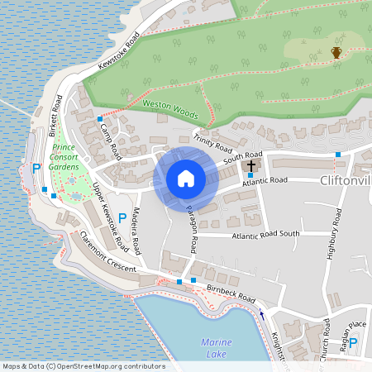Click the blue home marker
click(x=186, y=179)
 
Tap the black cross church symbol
click(x=251, y=166)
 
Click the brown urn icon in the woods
click(x=336, y=54)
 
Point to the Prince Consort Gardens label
click(x=64, y=156)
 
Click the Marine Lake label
click(x=216, y=347)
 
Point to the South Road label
click(x=242, y=155)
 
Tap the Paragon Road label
click(x=191, y=227)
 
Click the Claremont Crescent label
click(x=111, y=257)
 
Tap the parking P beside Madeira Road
click(x=122, y=218)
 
